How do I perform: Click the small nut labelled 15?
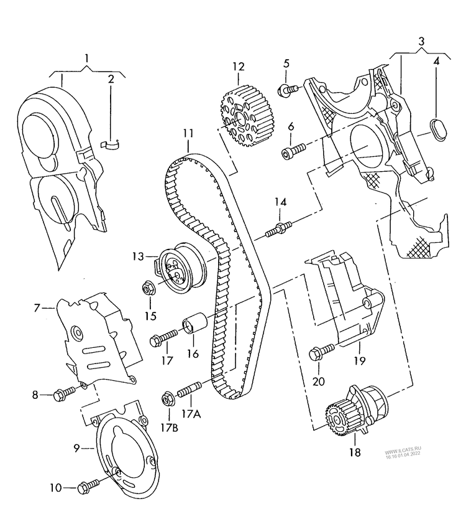[148, 288]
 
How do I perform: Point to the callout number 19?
[360, 360]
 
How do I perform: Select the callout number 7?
[37, 307]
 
